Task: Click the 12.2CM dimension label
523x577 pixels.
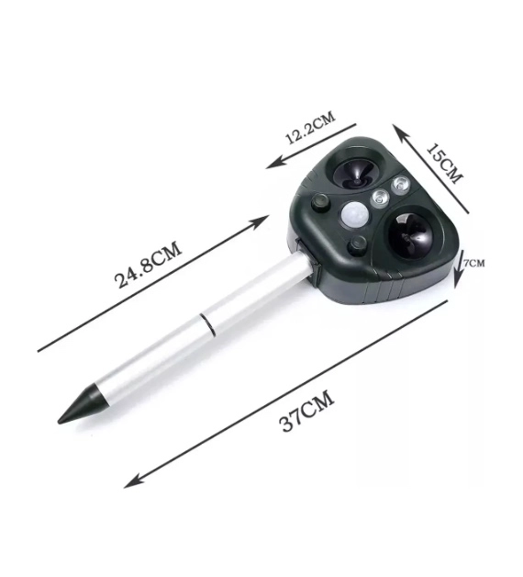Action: tap(310, 128)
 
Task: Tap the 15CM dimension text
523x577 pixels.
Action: tap(443, 164)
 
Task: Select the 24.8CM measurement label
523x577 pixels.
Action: tap(149, 264)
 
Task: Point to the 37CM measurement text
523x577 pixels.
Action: tap(307, 411)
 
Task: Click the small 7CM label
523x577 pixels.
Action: tap(473, 263)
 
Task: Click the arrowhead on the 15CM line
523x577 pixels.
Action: tap(399, 132)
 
